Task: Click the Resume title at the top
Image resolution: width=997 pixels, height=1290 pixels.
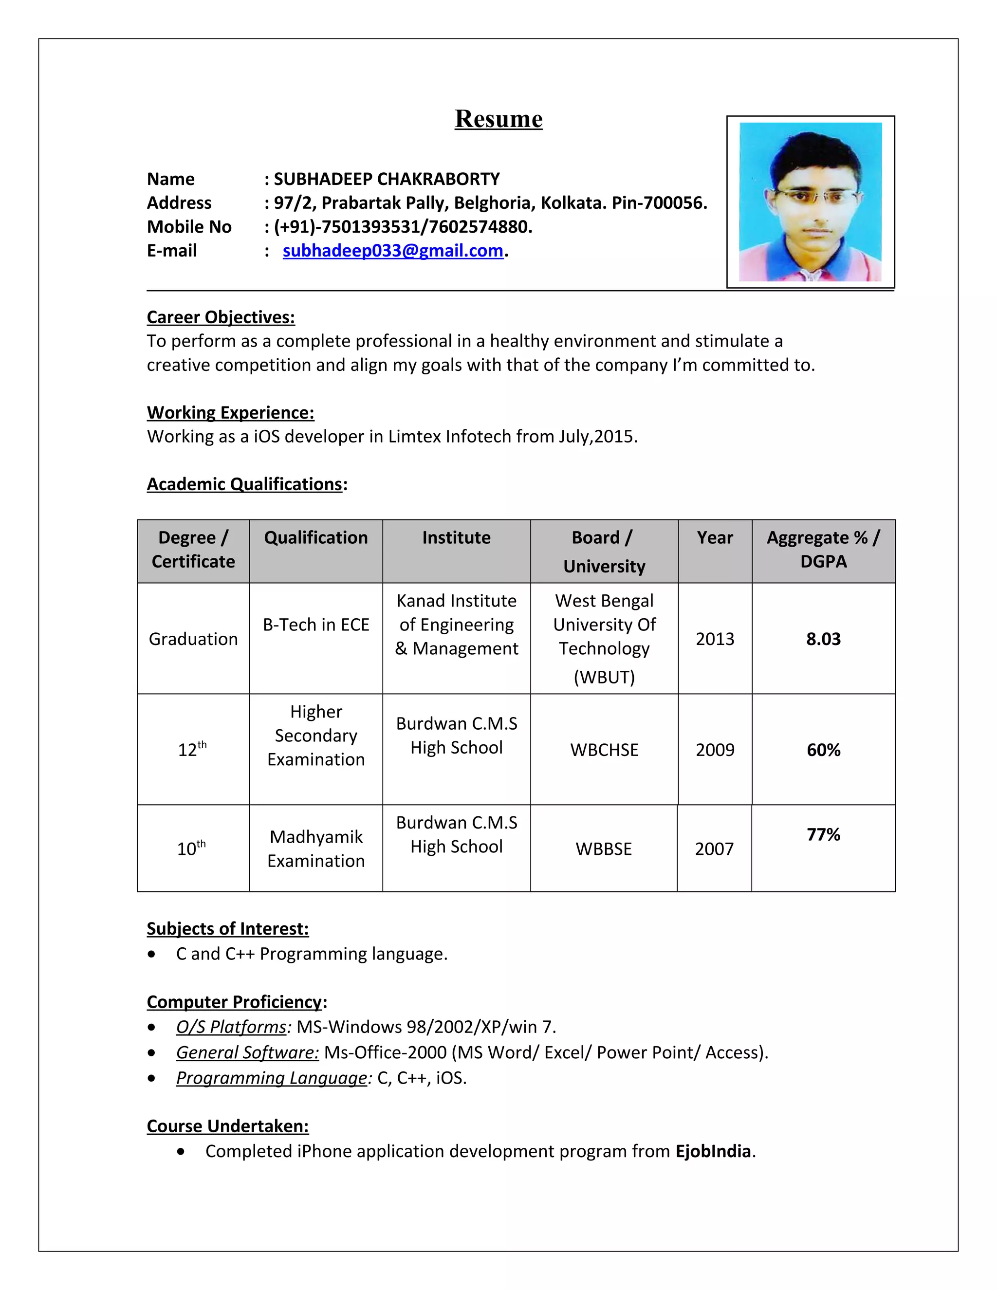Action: (498, 119)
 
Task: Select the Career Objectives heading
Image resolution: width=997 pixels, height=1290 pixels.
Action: (221, 317)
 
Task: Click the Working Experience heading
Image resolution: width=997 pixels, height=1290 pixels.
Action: (230, 412)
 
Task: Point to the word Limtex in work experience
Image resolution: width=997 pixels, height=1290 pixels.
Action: (413, 437)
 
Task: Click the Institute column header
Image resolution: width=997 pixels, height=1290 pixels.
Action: (456, 537)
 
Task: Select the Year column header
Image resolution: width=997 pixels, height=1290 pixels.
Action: (715, 537)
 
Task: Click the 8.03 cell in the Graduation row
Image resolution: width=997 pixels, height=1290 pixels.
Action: (823, 639)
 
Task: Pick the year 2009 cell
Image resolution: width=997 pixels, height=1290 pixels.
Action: (715, 750)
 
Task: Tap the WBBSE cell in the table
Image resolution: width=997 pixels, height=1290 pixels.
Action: (604, 849)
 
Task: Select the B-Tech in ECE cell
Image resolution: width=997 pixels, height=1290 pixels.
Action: (316, 625)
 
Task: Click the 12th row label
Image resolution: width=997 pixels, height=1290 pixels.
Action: (192, 750)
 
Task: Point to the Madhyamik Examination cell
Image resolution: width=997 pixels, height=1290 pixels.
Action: (316, 849)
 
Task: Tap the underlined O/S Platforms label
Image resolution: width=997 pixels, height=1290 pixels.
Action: (231, 1027)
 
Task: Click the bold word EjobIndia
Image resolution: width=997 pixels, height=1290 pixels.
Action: (713, 1151)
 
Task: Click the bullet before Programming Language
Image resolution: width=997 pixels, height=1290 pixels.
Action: (152, 1078)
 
